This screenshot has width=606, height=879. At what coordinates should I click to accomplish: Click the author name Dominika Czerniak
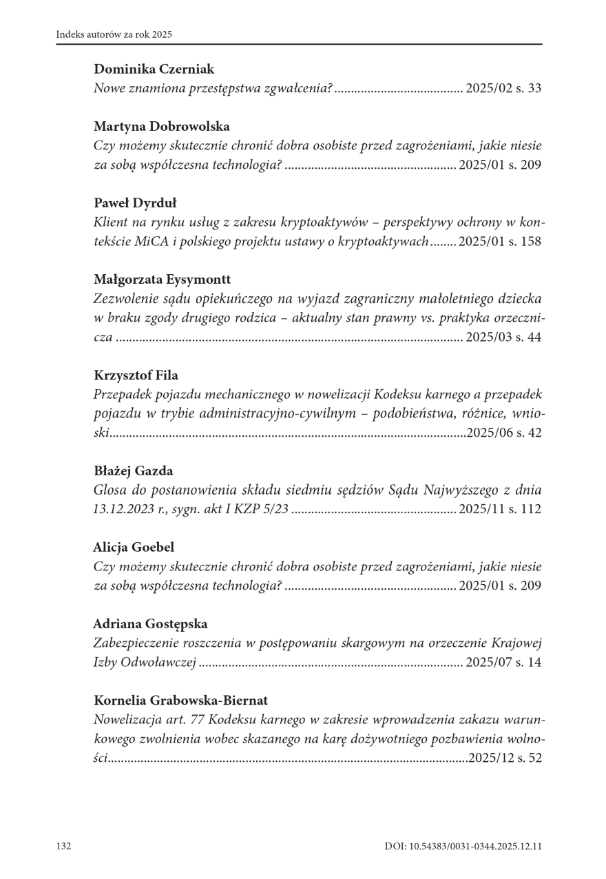[154, 70]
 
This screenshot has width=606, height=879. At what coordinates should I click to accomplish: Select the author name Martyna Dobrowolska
[161, 127]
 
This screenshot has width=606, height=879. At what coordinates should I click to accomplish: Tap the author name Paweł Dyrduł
[134, 203]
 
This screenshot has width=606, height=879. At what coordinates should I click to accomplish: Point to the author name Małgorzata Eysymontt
[162, 280]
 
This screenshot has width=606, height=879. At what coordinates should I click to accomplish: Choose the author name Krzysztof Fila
[136, 375]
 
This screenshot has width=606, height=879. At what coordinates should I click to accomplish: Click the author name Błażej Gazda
[133, 471]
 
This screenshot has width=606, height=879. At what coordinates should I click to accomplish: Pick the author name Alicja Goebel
[134, 548]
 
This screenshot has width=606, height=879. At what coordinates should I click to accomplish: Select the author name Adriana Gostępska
[150, 624]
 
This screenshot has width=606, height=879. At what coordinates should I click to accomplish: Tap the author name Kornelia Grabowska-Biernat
[180, 701]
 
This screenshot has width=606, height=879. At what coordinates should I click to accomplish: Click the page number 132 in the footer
[64, 846]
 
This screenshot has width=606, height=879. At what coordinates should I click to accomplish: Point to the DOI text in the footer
[463, 846]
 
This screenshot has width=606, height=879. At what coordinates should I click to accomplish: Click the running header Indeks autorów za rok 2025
[114, 34]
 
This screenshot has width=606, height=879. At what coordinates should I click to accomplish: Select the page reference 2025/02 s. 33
[503, 89]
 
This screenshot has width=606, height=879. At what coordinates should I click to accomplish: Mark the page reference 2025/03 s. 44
[503, 338]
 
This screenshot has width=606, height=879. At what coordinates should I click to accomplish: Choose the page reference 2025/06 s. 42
[503, 433]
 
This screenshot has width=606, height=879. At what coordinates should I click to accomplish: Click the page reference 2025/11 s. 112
[500, 510]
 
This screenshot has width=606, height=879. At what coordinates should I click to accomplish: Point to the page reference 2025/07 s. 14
[503, 663]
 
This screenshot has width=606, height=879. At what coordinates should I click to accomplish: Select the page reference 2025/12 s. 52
[503, 758]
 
